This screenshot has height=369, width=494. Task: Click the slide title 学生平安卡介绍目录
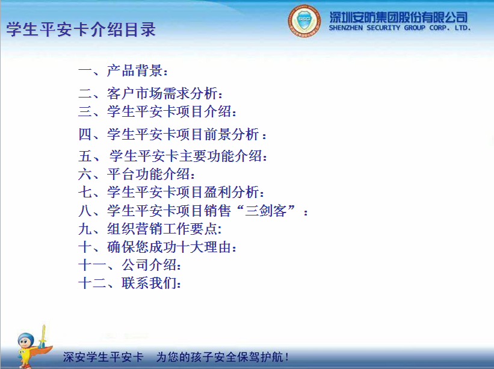[81, 30]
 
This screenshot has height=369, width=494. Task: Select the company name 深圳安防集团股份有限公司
[398, 16]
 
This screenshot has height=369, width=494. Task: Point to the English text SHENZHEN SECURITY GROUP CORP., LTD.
[400, 28]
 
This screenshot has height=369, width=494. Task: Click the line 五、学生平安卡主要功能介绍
[173, 157]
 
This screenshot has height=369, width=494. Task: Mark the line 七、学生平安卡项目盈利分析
[171, 193]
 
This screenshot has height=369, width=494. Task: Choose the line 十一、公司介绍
[130, 265]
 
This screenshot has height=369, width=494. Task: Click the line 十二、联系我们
[130, 283]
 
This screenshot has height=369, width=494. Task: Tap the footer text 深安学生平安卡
[103, 357]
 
